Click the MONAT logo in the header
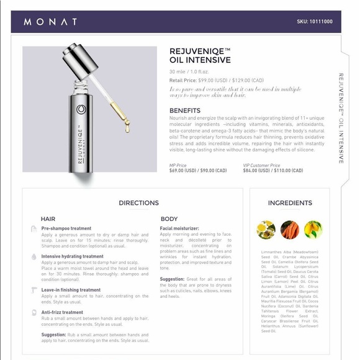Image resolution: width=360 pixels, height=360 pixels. tap(50, 22)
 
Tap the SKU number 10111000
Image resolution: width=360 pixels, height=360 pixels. tap(315, 22)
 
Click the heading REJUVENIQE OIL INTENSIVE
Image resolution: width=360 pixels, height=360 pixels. tap(200, 56)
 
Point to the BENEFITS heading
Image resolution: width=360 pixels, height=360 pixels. tap(185, 110)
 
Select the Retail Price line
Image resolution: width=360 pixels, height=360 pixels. tap(217, 81)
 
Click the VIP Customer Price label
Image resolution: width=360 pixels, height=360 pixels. tap(261, 165)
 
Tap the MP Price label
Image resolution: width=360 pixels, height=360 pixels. tap(178, 165)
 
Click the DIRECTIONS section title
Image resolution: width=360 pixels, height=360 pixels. tap(138, 203)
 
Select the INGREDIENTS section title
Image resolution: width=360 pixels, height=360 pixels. tap(290, 203)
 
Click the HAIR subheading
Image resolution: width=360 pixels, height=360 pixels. tap(48, 219)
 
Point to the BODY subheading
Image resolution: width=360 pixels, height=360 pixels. tap(169, 219)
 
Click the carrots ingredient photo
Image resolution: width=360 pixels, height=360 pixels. tap(289, 230)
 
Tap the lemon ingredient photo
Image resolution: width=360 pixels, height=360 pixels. tap(313, 230)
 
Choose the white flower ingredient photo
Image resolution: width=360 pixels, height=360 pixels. tap(266, 230)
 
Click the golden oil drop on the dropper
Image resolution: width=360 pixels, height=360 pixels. tap(127, 128)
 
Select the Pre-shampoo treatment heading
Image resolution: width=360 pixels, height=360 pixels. tap(66, 228)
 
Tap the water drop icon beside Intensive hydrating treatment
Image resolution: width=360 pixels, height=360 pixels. tap(34, 256)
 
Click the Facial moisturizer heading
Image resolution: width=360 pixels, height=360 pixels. tap(179, 228)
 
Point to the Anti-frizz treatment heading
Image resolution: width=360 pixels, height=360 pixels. tap(62, 312)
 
